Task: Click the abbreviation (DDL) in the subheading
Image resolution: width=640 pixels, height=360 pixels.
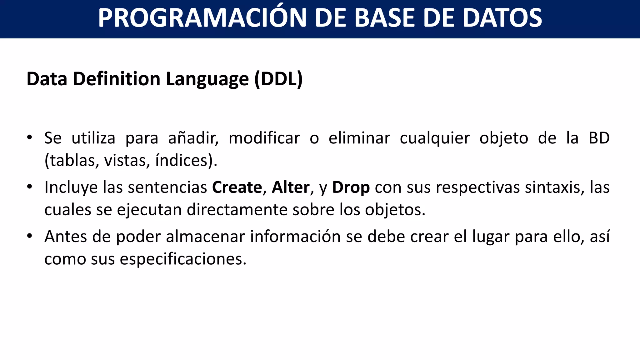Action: [x=278, y=79]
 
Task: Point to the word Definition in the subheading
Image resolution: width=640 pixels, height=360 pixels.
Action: [x=117, y=79]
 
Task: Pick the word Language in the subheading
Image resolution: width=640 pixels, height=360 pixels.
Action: [x=207, y=79]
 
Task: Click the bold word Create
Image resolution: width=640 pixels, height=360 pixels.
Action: [x=237, y=187]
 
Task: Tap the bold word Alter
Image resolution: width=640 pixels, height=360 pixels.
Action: [x=291, y=187]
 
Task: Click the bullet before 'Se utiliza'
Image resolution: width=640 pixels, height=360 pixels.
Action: [x=30, y=138]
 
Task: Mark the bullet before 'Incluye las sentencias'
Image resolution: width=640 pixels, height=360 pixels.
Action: [x=30, y=187]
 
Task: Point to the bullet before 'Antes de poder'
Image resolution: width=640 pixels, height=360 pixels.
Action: [x=30, y=236]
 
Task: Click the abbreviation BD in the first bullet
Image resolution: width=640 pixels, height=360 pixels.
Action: [x=599, y=138]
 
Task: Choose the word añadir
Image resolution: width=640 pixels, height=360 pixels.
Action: [x=193, y=138]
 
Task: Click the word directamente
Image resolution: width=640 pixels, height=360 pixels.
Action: [x=237, y=210]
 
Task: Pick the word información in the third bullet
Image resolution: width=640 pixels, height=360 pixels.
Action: [x=295, y=237]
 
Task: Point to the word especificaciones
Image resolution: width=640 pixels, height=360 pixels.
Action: [x=183, y=259]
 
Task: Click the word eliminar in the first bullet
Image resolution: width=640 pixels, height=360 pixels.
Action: [x=359, y=138]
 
